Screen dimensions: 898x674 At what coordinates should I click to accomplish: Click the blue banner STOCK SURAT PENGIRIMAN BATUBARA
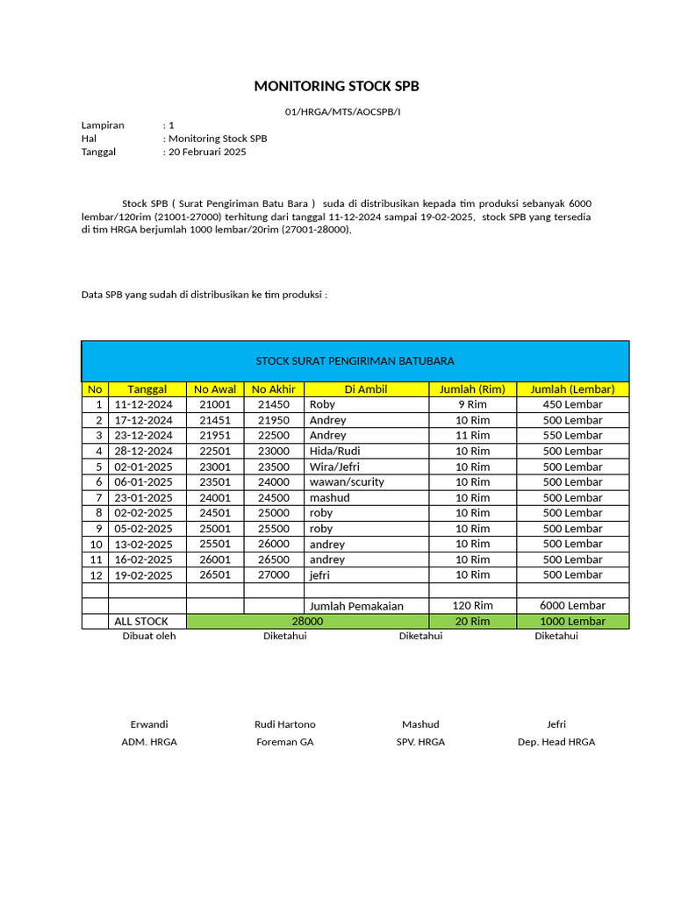pos(355,360)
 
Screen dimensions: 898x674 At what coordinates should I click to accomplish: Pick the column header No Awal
pos(215,389)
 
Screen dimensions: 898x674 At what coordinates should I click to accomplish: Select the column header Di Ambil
pos(365,389)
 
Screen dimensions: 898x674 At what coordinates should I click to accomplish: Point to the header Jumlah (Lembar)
pos(572,389)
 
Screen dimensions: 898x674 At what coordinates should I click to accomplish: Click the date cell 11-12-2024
pos(144,405)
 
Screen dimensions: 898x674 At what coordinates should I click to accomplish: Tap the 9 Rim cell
pos(472,405)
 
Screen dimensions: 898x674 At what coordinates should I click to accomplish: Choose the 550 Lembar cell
pos(572,436)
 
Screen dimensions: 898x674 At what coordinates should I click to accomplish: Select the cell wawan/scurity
pos(347,482)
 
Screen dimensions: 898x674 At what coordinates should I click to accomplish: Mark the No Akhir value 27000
pos(273,575)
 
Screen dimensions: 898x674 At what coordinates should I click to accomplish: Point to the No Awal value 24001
pos(215,498)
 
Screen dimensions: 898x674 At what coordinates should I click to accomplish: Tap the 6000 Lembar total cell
pos(572,606)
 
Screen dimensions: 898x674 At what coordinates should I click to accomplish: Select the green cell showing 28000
pos(307,622)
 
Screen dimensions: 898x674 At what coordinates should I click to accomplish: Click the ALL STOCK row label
pos(141,622)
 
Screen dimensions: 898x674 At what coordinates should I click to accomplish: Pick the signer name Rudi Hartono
pos(284,724)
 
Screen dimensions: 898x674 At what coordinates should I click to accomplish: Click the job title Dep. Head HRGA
pos(556,742)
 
